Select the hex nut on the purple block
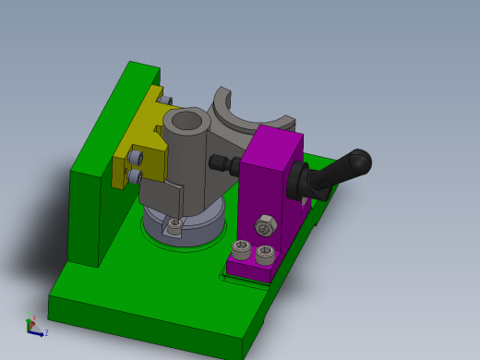(x=264, y=226)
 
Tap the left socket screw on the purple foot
(x=242, y=246)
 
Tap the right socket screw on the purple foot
(x=265, y=252)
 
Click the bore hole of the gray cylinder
(x=188, y=120)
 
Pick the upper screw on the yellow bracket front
(x=136, y=159)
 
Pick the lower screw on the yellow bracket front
(x=135, y=176)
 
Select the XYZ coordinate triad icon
(x=34, y=326)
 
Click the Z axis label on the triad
(x=46, y=332)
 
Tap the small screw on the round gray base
(x=175, y=223)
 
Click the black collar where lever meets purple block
(x=300, y=181)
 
